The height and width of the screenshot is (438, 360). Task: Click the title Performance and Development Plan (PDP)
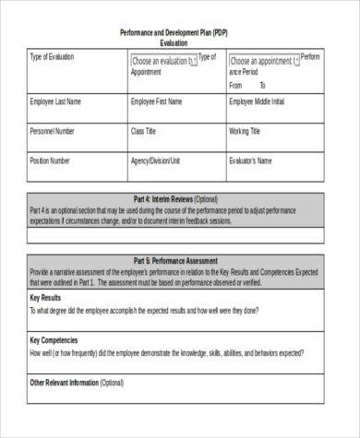coord(174,32)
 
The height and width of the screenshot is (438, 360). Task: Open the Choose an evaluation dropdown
coord(164,62)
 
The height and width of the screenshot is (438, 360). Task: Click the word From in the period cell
coord(237,85)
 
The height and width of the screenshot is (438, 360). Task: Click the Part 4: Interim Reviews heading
coord(174,198)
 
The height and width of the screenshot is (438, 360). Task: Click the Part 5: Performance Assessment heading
coord(175,261)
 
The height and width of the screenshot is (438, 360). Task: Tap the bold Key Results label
coord(46,299)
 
